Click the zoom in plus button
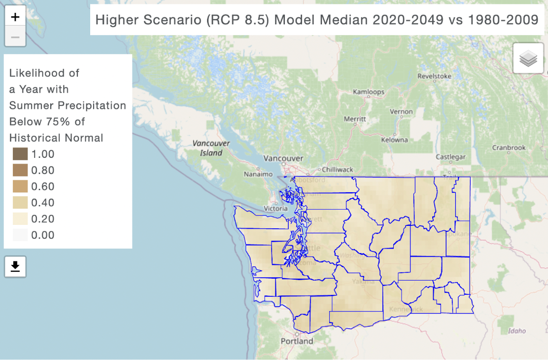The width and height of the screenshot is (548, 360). [x=15, y=17]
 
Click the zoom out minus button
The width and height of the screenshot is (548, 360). [x=15, y=37]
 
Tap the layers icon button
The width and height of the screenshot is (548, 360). [x=528, y=58]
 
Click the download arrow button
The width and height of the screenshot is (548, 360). [x=15, y=267]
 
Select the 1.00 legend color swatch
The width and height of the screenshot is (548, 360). [x=20, y=154]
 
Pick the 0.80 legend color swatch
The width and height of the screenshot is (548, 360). [x=20, y=170]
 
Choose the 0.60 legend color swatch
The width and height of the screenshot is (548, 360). [x=20, y=186]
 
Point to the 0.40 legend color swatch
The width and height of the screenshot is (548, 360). [x=20, y=203]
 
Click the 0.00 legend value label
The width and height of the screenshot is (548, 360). [x=43, y=235]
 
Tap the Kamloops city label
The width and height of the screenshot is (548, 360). [x=369, y=92]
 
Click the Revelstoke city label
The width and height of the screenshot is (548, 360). [x=434, y=76]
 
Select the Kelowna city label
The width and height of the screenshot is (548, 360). [x=394, y=140]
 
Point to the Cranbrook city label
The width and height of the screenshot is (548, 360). [x=509, y=147]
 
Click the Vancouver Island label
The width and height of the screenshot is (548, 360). [x=211, y=148]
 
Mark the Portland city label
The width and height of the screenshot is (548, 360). [x=297, y=341]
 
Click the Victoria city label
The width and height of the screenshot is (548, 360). [x=276, y=209]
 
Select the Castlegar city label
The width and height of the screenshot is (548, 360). [x=450, y=157]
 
